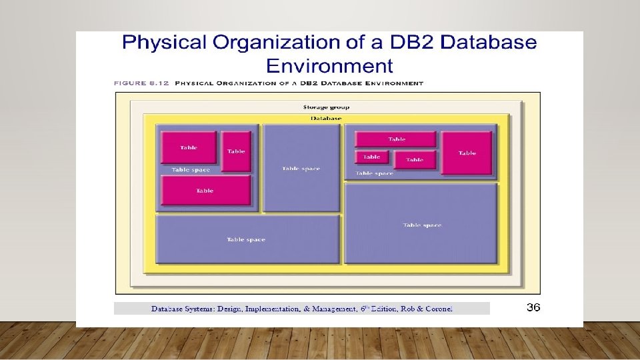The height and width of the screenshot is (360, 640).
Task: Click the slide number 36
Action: click(533, 307)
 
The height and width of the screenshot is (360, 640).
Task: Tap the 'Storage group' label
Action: click(326, 107)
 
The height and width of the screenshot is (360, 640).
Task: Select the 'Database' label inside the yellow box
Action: click(326, 118)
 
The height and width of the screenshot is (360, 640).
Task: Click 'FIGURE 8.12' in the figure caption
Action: click(141, 83)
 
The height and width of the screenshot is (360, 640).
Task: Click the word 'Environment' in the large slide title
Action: click(329, 65)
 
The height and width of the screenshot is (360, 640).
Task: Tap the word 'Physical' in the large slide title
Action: click(164, 43)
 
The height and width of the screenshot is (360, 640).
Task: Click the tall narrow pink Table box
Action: click(236, 151)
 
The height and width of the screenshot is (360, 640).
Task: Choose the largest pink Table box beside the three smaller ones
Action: click(467, 153)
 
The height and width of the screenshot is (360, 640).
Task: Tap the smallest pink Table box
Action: click(372, 157)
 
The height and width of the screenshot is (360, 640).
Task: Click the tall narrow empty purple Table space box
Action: click(301, 168)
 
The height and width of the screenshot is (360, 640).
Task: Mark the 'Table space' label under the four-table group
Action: click(374, 173)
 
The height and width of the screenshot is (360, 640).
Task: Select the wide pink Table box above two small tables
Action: click(396, 139)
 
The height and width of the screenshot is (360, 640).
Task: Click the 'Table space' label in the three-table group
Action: click(191, 169)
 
